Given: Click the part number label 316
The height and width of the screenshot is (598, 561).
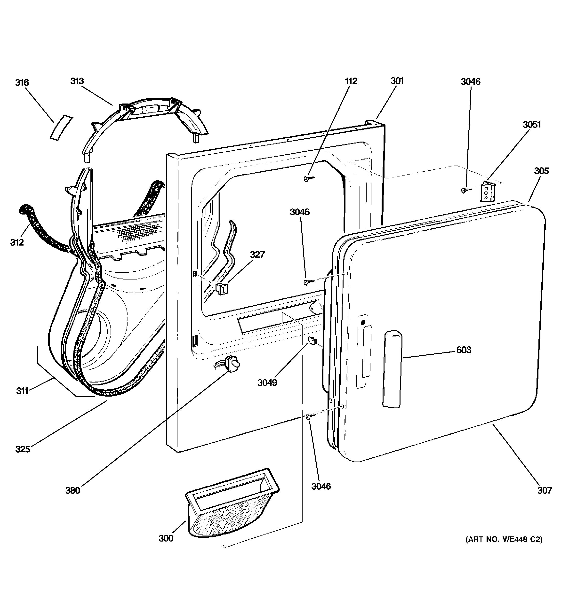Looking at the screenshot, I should click(x=22, y=82).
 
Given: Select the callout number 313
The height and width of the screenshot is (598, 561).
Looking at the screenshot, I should click(x=77, y=81).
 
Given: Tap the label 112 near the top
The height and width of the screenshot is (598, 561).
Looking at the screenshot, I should click(x=351, y=81).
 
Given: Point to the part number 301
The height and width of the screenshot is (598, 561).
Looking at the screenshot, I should click(x=397, y=81).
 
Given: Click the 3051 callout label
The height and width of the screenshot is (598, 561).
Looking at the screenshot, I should click(x=531, y=125).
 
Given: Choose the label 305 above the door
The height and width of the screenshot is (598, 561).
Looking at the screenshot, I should click(x=541, y=171).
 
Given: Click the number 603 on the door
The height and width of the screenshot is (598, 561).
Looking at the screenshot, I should click(x=464, y=350).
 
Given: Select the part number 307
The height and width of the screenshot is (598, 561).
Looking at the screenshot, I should click(x=545, y=491).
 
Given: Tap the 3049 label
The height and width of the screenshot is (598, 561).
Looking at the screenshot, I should click(x=267, y=383).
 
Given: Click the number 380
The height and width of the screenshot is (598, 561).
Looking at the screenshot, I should click(x=73, y=491).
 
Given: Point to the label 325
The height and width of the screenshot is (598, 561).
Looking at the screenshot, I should click(x=23, y=449).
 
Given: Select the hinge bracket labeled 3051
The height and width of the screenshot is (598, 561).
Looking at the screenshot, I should click(x=487, y=191).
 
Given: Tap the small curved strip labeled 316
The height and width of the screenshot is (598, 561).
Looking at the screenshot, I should click(x=61, y=127).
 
